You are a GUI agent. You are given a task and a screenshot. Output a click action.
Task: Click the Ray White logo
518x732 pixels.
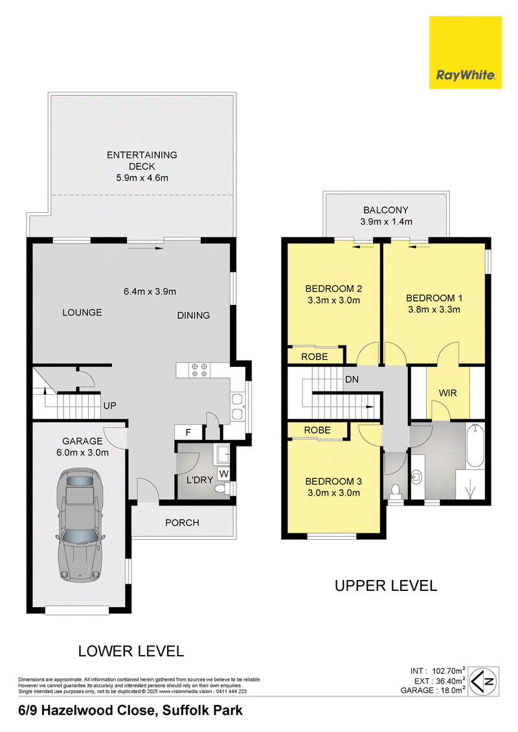(x=465, y=52)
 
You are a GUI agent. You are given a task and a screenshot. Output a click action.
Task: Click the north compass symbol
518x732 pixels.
(x=484, y=682)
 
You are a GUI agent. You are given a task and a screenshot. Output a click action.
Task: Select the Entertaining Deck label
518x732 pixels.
(x=142, y=161)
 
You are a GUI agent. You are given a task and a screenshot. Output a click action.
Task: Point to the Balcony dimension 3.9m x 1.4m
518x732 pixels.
(x=387, y=222)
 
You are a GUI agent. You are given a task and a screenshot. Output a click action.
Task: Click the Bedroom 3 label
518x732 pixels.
(x=333, y=482)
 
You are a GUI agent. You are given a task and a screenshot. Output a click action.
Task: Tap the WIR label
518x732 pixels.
(x=447, y=393)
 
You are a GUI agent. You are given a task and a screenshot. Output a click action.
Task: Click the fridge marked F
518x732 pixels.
(x=188, y=432)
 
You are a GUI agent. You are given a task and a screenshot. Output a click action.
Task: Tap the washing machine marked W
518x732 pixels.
(x=224, y=474)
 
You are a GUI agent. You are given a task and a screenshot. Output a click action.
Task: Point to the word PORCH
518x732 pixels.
(x=182, y=523)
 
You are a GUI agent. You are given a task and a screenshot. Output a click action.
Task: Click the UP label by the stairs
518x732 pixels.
(x=110, y=406)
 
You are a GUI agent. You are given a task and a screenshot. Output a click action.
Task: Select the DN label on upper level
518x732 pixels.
(x=352, y=379)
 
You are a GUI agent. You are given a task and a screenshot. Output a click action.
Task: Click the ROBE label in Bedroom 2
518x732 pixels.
(x=314, y=357)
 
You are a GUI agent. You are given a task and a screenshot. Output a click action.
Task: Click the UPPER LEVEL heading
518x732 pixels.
(x=387, y=586)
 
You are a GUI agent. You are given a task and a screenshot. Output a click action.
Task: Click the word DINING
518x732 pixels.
(x=194, y=316)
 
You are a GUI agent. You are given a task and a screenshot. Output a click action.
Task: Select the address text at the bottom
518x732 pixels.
(x=130, y=711)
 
